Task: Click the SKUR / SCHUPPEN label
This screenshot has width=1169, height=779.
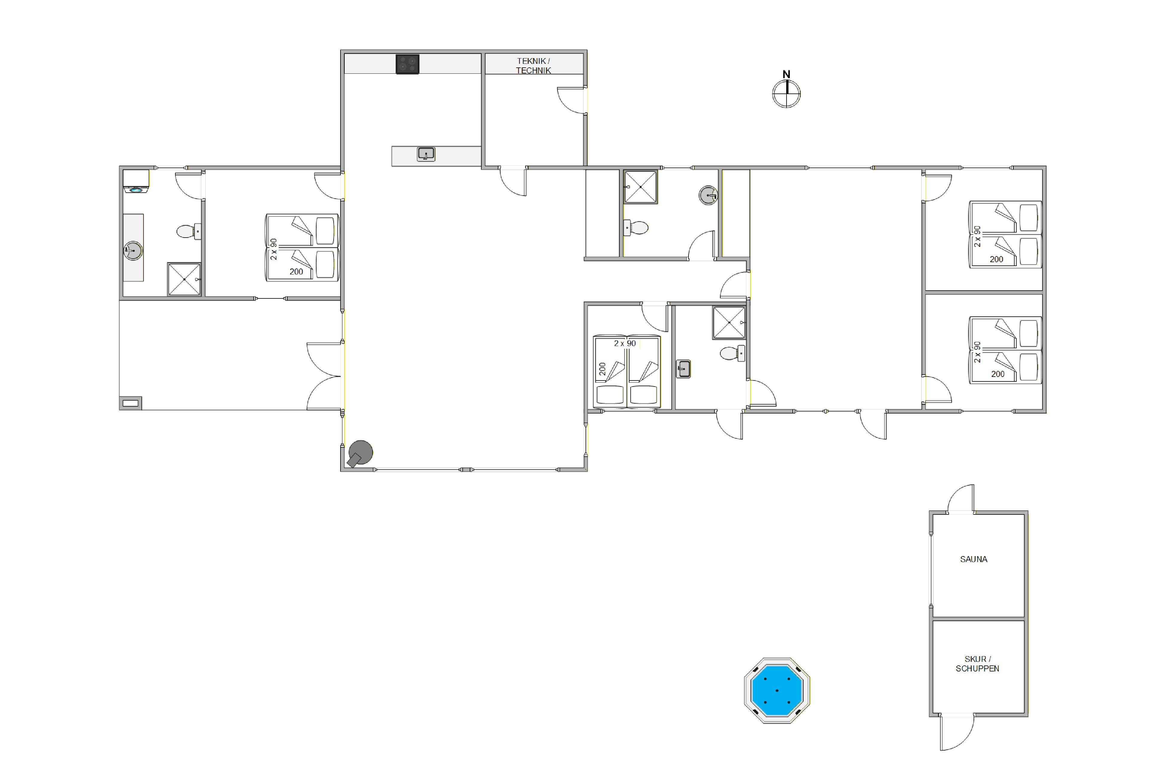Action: click(x=977, y=664)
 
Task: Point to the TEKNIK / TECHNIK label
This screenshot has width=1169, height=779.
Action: click(x=533, y=66)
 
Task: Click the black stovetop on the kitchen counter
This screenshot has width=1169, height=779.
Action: click(x=407, y=64)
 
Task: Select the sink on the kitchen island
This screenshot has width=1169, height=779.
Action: click(x=426, y=155)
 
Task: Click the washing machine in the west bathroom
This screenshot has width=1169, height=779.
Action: click(x=136, y=181)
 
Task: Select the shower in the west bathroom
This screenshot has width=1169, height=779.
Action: click(x=184, y=279)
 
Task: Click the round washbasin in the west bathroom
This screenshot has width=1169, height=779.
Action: click(x=133, y=251)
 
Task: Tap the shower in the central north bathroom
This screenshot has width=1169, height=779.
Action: click(x=641, y=187)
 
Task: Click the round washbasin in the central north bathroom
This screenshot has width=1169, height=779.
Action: click(x=708, y=195)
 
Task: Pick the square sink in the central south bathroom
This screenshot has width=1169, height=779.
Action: click(x=683, y=369)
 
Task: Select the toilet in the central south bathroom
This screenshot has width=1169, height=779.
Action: click(x=733, y=353)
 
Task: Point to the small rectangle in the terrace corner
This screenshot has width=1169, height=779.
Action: click(x=130, y=403)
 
